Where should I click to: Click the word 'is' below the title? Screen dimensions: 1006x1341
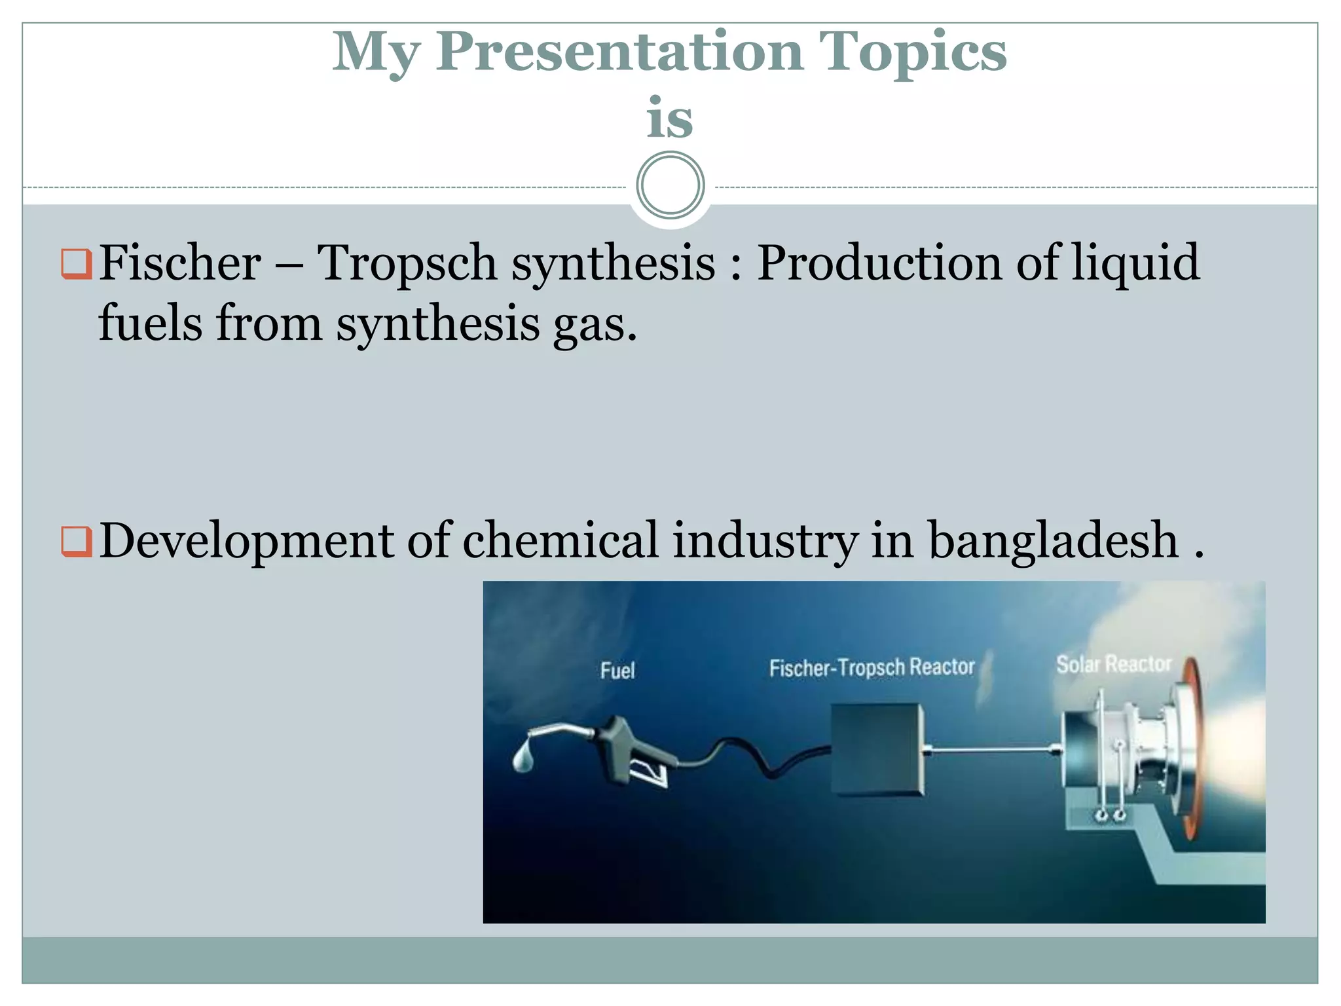coord(669,119)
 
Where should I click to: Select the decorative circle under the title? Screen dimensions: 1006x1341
coord(670,185)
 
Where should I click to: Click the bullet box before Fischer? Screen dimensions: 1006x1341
coord(76,264)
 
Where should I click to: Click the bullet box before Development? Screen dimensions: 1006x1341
coord(76,542)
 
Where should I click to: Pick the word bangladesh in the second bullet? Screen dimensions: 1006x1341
coord(1054,540)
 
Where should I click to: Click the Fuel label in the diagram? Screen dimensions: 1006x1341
coord(617,671)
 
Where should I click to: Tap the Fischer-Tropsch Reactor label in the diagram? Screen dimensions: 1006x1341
coord(872,667)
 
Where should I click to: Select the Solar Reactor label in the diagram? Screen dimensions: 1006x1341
coord(1113,664)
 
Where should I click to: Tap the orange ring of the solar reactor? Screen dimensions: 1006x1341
coord(1193,747)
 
